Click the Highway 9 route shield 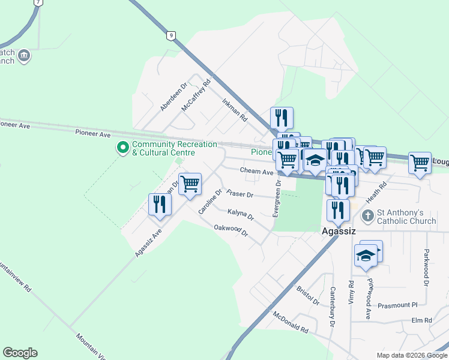pyautogui.click(x=172, y=36)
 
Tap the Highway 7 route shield pyautogui.click(x=38, y=2)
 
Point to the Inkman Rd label pyautogui.click(x=235, y=110)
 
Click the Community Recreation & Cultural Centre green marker pyautogui.click(x=123, y=147)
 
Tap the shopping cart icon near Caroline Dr pyautogui.click(x=190, y=184)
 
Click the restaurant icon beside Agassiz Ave pyautogui.click(x=160, y=205)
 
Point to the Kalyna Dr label pyautogui.click(x=240, y=213)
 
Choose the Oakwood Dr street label pyautogui.click(x=231, y=230)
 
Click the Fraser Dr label pyautogui.click(x=240, y=195)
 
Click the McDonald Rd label pyautogui.click(x=290, y=322)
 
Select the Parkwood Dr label pyautogui.click(x=427, y=266)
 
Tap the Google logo pyautogui.click(x=20, y=353)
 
